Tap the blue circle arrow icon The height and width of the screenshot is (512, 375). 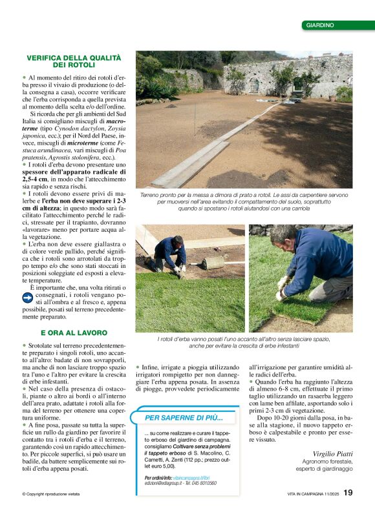[28, 298]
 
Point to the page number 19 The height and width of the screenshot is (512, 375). [348, 493]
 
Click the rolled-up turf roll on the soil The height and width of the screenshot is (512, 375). [211, 262]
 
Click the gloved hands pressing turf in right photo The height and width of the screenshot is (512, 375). [282, 289]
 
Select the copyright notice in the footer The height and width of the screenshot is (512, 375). [50, 494]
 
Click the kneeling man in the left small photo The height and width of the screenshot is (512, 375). [169, 252]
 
